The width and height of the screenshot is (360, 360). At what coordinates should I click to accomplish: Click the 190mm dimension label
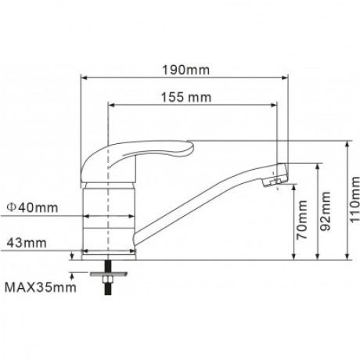[185, 70]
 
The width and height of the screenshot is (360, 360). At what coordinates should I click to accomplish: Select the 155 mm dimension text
[186, 97]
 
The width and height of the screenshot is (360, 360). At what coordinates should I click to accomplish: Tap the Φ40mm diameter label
[32, 207]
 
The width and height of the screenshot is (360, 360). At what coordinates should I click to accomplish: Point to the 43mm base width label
[27, 243]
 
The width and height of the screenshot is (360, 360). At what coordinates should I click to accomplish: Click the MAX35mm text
[41, 287]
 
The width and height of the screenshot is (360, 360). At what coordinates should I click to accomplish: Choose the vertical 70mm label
[302, 220]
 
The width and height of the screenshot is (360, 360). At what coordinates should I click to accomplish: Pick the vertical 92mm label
[325, 211]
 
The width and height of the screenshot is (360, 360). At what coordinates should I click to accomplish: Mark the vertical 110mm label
[355, 200]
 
